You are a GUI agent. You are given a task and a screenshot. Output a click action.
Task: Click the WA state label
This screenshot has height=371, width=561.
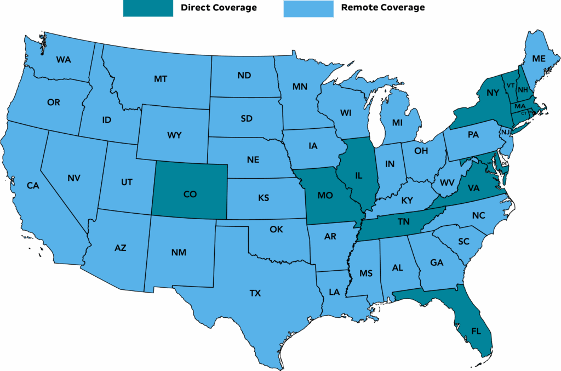[64, 60]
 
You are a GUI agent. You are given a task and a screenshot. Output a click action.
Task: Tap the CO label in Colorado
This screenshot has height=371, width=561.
[190, 194]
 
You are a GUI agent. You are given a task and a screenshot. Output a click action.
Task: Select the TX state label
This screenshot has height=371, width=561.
[255, 293]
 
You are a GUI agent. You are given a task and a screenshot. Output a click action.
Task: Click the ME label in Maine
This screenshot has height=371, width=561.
[539, 59]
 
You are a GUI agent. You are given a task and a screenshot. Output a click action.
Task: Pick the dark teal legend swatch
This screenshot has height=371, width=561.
[148, 8]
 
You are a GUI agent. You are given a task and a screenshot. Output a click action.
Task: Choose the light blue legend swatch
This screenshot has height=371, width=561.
[308, 8]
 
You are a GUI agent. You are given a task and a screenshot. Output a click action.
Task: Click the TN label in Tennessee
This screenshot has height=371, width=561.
[403, 222]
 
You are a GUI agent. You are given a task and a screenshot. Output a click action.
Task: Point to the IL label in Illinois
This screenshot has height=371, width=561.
[359, 176]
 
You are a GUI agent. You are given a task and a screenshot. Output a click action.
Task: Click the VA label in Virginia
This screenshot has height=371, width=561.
[473, 188]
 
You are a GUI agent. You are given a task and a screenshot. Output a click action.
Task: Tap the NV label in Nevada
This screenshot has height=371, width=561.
[74, 178]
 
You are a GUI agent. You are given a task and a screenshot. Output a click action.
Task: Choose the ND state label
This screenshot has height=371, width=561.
[244, 76]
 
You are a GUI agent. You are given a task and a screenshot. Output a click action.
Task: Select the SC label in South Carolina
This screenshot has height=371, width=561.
[463, 241]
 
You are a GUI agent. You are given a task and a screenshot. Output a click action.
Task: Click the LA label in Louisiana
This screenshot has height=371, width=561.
[334, 292]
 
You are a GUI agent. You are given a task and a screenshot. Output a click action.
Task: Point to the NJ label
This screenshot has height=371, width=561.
[506, 132]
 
